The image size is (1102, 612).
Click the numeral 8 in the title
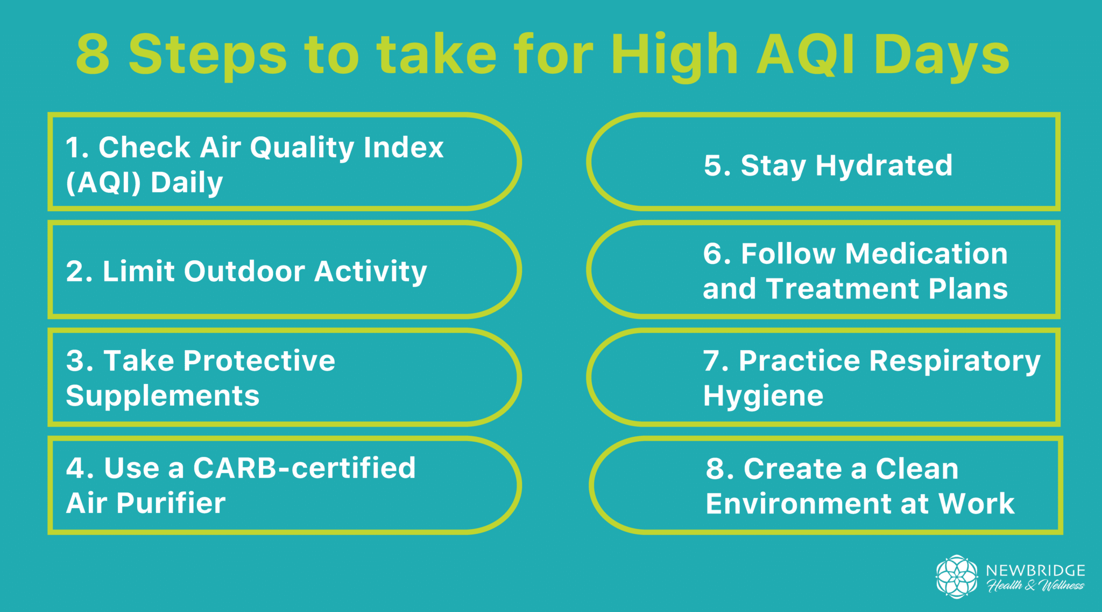[93, 54]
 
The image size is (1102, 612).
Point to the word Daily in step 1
[187, 183]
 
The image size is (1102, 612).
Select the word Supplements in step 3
[163, 396]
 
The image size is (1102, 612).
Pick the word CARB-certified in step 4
[305, 468]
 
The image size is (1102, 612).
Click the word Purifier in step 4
[171, 503]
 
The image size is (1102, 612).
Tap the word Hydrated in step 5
[884, 166]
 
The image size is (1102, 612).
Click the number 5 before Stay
[714, 165]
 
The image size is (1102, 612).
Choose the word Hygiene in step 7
[763, 397]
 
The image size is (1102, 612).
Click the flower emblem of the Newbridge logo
[956, 576]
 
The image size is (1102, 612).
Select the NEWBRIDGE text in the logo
[1035, 571]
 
